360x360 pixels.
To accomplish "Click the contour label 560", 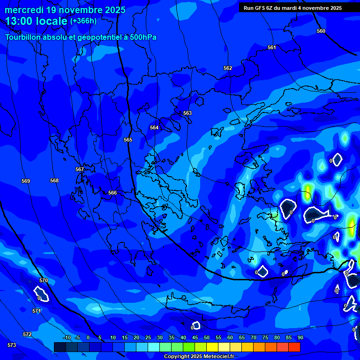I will pyautogui.click(x=321, y=31).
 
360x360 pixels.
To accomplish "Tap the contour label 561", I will pyautogui.click(x=272, y=47).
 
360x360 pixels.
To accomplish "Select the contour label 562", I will pyautogui.click(x=228, y=68).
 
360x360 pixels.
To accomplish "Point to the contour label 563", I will pyautogui.click(x=187, y=113).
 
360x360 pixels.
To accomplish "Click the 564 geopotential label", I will pyautogui.click(x=154, y=127).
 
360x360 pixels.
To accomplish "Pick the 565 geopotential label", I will pyautogui.click(x=128, y=140).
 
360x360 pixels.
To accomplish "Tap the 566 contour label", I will pyautogui.click(x=112, y=193).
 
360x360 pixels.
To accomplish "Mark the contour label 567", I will pyautogui.click(x=80, y=169).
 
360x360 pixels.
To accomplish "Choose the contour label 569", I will pyautogui.click(x=26, y=181).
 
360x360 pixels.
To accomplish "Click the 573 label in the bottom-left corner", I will pyautogui.click(x=12, y=345).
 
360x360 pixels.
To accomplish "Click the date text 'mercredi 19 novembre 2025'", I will pyautogui.click(x=65, y=10).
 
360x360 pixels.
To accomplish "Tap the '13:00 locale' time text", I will pyautogui.click(x=36, y=21).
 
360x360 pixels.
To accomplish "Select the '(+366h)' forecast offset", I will pyautogui.click(x=83, y=21).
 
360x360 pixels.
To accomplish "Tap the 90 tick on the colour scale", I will pyautogui.click(x=300, y=337).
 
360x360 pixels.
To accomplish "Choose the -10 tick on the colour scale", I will pyautogui.click(x=67, y=337).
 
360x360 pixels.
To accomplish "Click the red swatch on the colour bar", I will pyautogui.click(x=294, y=347).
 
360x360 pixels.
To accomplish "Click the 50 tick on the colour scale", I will pyautogui.click(x=207, y=337).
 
